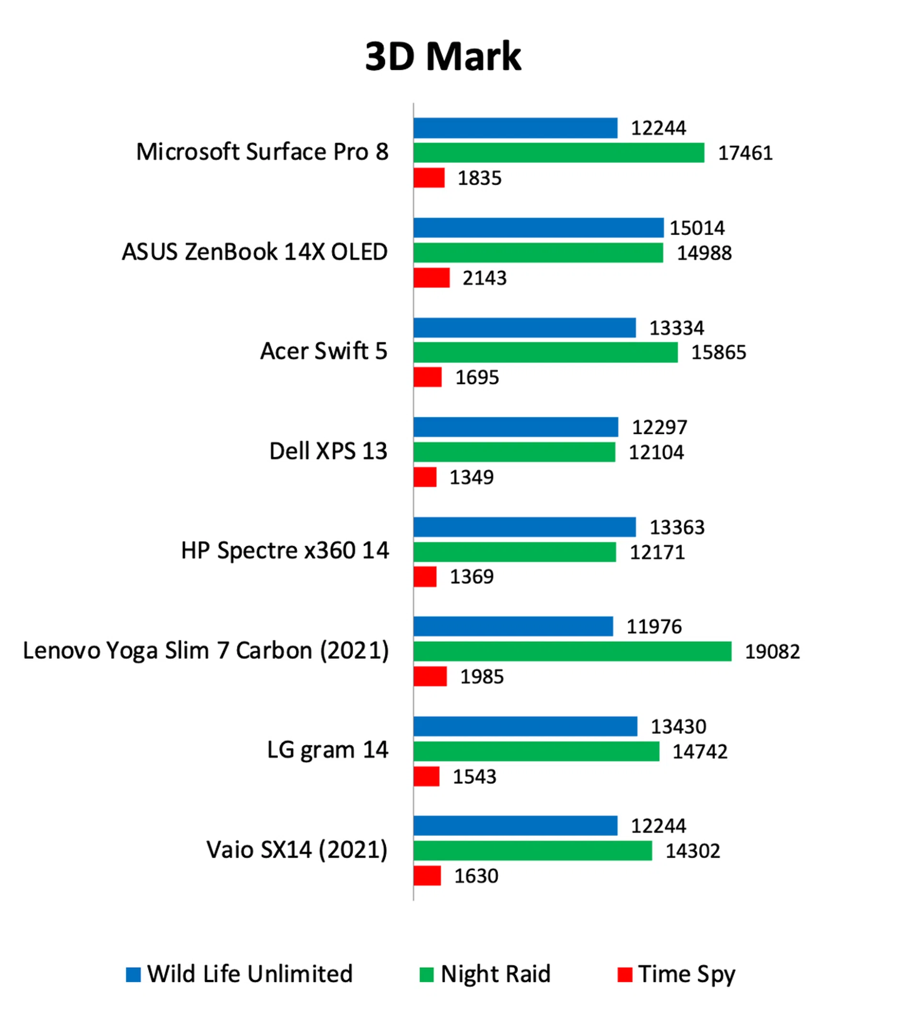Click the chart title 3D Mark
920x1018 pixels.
click(442, 56)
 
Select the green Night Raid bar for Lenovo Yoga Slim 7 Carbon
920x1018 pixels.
click(572, 651)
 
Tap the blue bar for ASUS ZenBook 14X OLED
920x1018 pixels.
click(538, 227)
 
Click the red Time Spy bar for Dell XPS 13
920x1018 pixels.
click(425, 477)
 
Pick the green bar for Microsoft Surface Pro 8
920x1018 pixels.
click(558, 152)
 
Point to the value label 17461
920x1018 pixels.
click(745, 153)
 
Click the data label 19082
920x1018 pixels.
click(772, 652)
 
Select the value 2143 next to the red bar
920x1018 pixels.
click(484, 278)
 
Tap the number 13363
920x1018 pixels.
click(676, 527)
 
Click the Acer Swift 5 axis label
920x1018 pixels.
click(323, 351)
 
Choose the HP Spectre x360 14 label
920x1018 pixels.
click(285, 550)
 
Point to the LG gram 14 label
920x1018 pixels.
click(327, 750)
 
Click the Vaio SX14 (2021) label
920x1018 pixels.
click(297, 849)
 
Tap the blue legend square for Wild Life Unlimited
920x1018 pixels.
click(133, 974)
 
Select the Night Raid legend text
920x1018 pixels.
click(495, 974)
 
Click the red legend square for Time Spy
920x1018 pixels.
click(625, 974)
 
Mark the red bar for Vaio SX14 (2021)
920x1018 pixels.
click(426, 876)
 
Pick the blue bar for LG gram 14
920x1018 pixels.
click(525, 726)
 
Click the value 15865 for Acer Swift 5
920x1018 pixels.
click(718, 353)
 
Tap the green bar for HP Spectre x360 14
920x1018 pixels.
click(514, 552)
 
